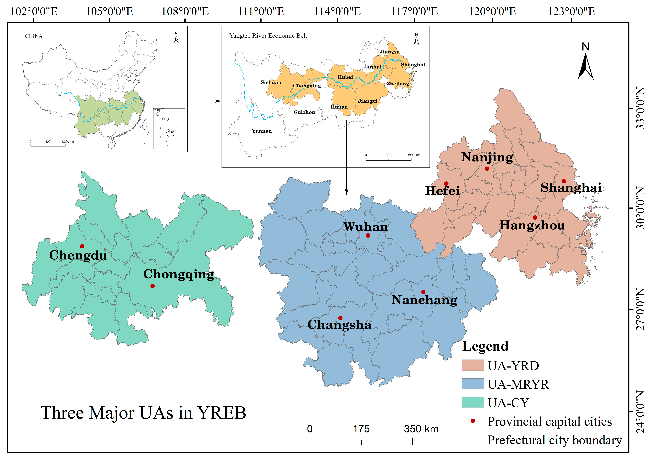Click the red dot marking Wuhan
tap(368, 236)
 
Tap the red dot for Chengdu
tap(82, 246)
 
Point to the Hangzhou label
tap(532, 225)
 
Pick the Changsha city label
tap(339, 325)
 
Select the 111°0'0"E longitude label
tap(261, 12)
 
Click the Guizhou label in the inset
tap(304, 112)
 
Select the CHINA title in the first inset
tap(34, 36)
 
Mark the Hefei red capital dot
tap(446, 184)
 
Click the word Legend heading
tap(485, 346)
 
